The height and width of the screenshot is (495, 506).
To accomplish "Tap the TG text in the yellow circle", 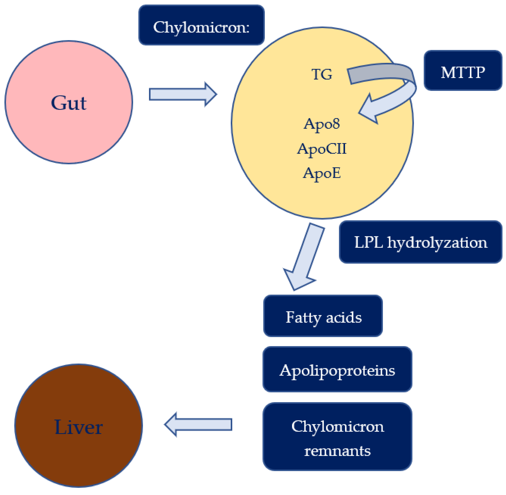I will click(322, 74).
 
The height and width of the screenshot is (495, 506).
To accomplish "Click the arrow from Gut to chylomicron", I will click(183, 94).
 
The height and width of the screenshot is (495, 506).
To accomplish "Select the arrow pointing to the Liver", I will click(198, 425).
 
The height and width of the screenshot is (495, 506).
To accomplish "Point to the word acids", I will click(344, 317).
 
